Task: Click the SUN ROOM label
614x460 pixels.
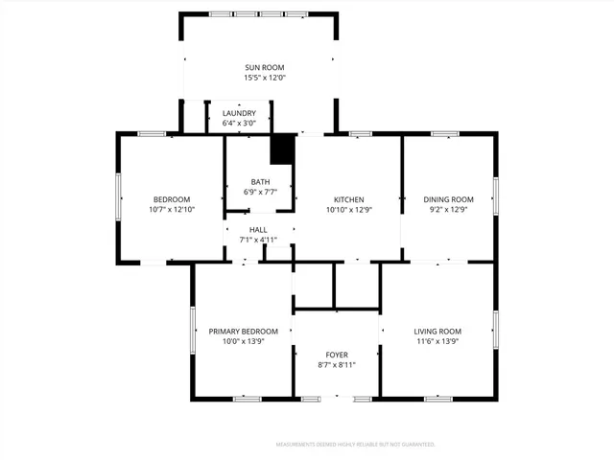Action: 258,67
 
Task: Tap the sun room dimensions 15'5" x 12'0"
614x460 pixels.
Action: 258,78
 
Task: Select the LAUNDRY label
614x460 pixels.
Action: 239,113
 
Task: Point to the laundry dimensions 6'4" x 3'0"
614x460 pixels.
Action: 239,123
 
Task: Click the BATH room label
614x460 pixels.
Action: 260,182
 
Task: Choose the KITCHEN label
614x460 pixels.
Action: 347,199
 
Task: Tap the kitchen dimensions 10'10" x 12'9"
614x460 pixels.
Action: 347,209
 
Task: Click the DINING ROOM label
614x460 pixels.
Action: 449,199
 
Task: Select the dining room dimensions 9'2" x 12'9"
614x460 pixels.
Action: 449,209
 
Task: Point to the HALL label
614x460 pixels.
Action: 258,230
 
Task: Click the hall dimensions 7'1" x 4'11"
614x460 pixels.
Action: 258,240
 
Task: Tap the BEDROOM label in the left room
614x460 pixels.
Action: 172,199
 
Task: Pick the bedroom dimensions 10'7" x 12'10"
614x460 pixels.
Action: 172,209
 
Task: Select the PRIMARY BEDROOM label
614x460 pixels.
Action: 244,331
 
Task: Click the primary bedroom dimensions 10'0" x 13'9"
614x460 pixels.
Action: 244,340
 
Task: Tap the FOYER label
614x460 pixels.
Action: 336,355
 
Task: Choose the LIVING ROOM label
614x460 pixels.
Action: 437,331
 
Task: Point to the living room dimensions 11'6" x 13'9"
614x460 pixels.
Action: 437,340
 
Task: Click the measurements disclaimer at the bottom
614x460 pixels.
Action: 355,445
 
